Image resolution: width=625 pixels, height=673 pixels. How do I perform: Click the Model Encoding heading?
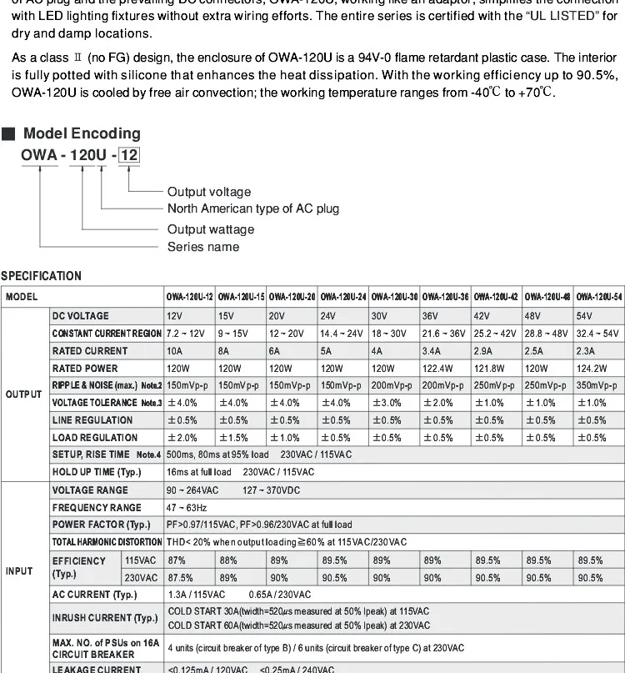(x=82, y=133)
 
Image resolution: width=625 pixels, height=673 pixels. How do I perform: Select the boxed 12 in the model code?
(x=128, y=156)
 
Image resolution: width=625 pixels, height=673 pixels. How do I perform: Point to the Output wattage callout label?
(x=211, y=229)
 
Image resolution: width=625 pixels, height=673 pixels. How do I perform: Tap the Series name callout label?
(x=203, y=247)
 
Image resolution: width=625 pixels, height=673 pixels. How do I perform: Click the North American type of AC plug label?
(x=253, y=208)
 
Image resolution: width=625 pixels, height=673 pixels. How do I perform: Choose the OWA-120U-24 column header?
(x=343, y=297)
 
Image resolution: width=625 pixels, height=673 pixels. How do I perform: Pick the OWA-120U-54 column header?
(x=599, y=297)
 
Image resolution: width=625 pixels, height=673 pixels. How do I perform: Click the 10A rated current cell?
(x=176, y=351)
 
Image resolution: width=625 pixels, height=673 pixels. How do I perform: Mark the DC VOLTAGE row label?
(x=80, y=316)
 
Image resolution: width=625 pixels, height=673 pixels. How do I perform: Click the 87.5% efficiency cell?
(x=180, y=577)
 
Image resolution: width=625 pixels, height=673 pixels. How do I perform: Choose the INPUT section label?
(x=19, y=570)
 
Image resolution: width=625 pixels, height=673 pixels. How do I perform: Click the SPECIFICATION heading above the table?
(x=41, y=276)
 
